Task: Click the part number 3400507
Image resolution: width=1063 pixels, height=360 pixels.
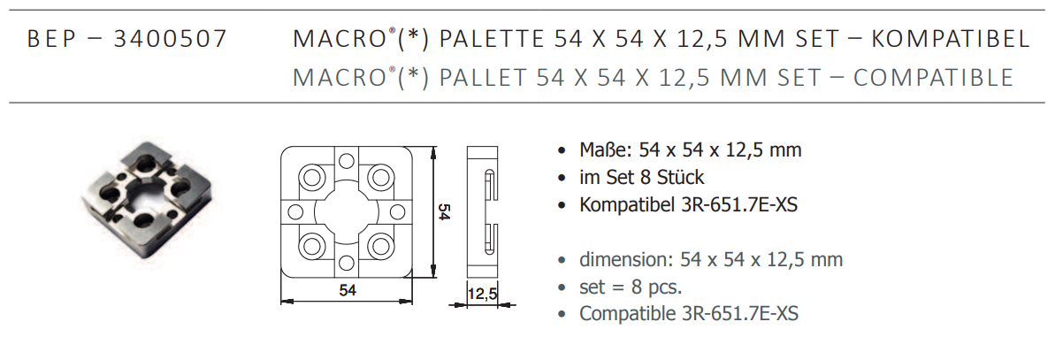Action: (170, 38)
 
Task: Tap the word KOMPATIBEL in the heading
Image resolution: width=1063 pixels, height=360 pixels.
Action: (951, 38)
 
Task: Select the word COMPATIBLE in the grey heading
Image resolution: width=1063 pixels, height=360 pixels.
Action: (934, 78)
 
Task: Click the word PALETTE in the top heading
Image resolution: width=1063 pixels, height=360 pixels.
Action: (492, 38)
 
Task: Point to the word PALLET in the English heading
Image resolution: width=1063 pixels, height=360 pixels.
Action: (483, 78)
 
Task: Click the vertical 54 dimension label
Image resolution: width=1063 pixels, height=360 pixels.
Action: (444, 211)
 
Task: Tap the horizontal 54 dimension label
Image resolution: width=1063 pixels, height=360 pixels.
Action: (348, 290)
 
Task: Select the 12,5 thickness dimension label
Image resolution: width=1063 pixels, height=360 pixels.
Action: (482, 294)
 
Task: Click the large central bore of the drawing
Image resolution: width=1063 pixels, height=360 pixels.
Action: (347, 211)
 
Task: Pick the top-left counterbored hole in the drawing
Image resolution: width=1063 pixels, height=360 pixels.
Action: (312, 178)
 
